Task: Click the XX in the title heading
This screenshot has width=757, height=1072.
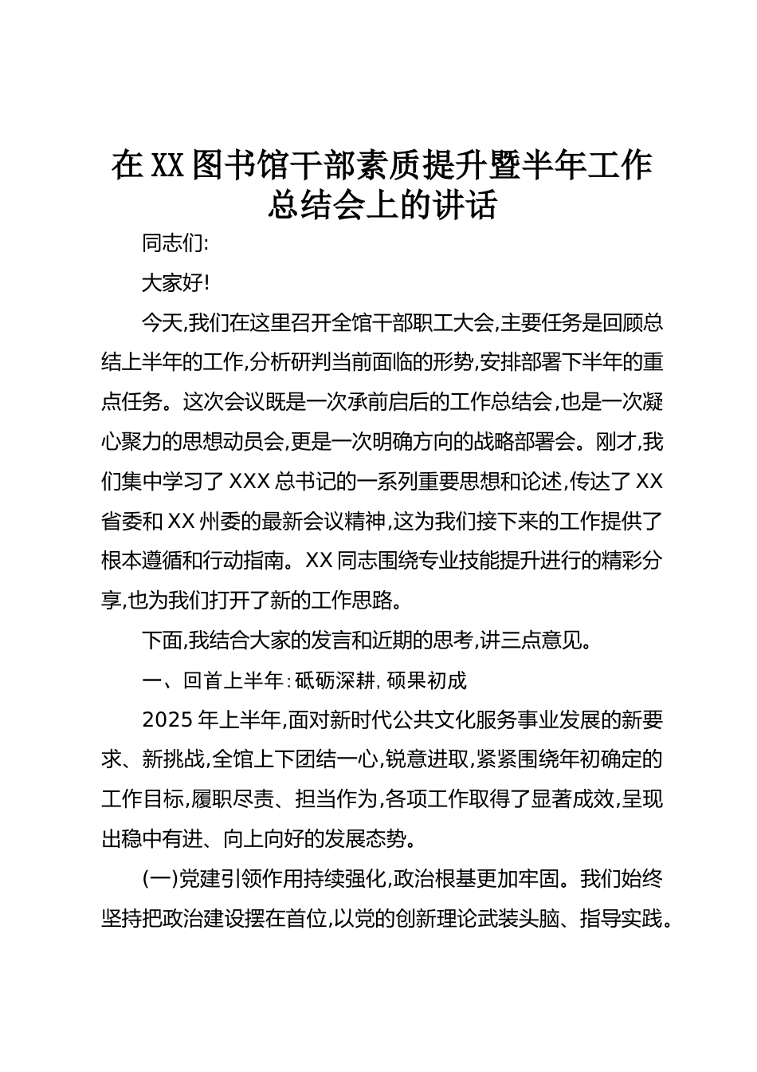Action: tap(168, 165)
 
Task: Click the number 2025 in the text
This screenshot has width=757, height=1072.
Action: tap(167, 719)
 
